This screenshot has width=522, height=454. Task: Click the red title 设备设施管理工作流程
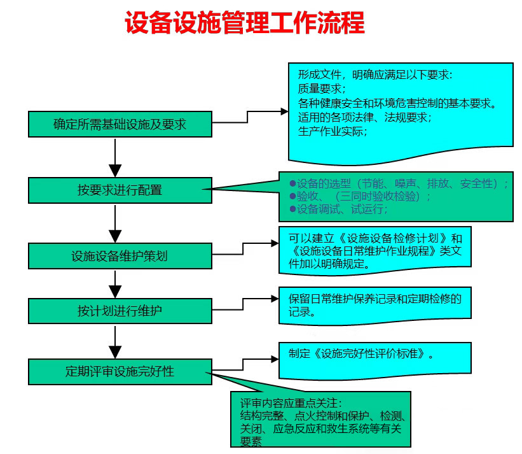245,24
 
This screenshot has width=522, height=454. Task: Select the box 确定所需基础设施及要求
120,124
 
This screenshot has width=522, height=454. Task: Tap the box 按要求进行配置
120,190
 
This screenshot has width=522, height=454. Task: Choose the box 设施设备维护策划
120,256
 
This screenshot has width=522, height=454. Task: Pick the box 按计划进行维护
120,311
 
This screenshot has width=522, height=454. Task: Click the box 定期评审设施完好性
120,371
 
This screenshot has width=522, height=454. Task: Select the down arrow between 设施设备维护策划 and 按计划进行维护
115,283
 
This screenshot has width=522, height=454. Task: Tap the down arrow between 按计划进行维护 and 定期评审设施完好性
115,341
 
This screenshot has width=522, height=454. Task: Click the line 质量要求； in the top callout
322,89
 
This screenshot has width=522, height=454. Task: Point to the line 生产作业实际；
333,132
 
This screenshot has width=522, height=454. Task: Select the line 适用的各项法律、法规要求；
365,117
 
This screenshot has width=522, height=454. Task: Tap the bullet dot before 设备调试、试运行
292,208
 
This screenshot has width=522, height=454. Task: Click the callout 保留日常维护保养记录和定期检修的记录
375,304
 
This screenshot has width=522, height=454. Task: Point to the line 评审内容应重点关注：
291,403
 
